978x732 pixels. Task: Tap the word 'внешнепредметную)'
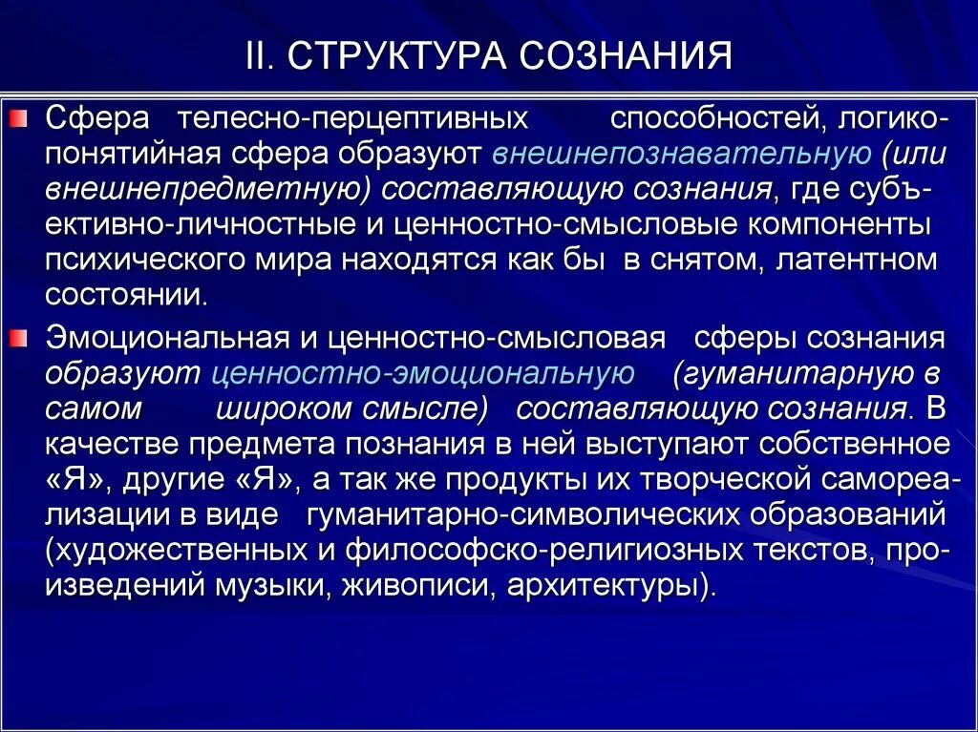point(208,188)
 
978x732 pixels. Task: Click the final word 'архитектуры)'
point(611,584)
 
